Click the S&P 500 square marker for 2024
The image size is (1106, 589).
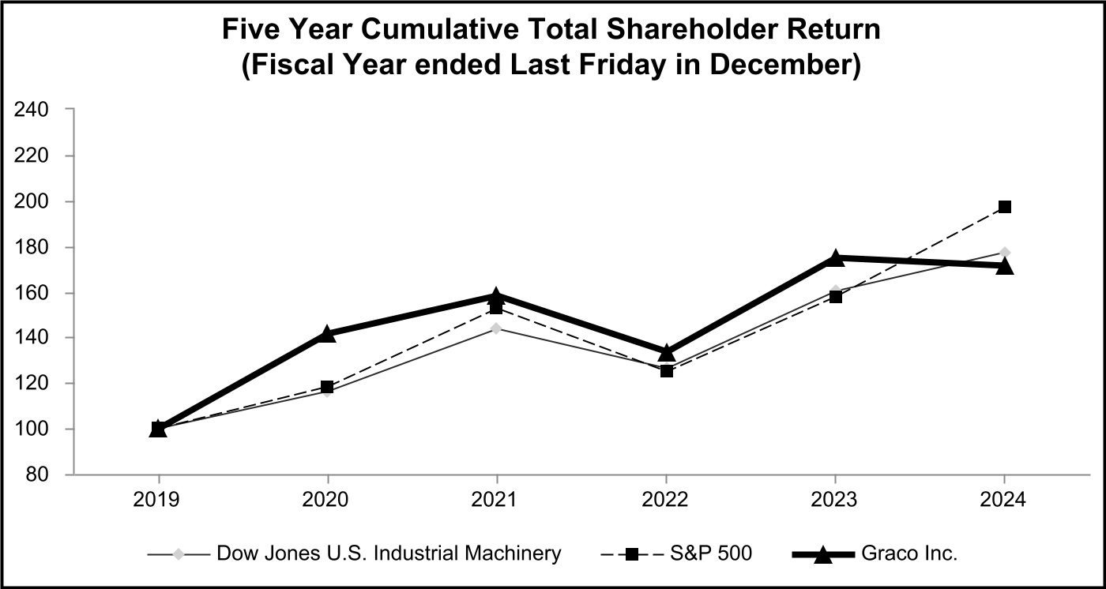pos(1004,207)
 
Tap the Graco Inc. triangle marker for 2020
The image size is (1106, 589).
pos(328,334)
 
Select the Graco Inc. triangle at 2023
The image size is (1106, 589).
pos(835,257)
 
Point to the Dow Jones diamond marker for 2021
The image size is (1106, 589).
pos(496,328)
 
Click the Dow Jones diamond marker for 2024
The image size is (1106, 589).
pos(1004,253)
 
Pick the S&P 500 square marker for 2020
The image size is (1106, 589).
pos(328,387)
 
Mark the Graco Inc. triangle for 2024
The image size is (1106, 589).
pos(1004,266)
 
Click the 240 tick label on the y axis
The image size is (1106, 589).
pos(33,110)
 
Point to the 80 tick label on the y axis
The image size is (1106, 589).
pos(39,475)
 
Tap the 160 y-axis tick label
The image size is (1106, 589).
pos(33,293)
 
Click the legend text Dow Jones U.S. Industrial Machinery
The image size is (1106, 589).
pos(389,553)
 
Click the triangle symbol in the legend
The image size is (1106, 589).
pos(823,554)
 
